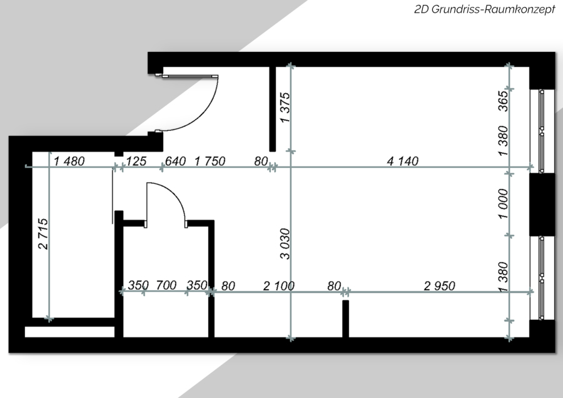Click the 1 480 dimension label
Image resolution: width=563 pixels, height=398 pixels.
[69, 161]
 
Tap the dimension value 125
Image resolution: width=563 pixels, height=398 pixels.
[136, 161]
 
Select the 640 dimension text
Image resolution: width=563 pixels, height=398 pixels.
[175, 161]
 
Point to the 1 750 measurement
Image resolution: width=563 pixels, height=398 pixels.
[210, 161]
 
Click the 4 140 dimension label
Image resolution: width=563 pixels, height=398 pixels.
[402, 161]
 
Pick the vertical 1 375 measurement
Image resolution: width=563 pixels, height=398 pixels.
[285, 108]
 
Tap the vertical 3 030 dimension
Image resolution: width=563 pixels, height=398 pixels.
[285, 243]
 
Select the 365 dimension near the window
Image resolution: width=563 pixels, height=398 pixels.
[504, 101]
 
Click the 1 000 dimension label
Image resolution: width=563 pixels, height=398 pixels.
[504, 203]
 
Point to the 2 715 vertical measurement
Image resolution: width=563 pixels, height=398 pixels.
[43, 233]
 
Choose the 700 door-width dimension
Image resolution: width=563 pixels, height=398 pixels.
[166, 285]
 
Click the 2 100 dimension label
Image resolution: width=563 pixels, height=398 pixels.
[278, 286]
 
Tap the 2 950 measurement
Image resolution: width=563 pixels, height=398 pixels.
[440, 286]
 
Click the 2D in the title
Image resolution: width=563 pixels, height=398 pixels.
[422, 9]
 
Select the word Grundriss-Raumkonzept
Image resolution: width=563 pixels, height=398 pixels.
[493, 9]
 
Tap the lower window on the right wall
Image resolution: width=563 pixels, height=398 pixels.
[542, 278]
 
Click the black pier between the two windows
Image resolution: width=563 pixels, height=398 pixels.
[542, 205]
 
